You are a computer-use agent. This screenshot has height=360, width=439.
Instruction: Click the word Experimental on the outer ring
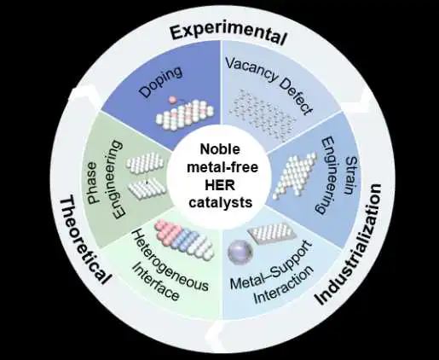[x=228, y=34]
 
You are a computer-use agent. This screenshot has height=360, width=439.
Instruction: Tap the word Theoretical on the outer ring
[x=83, y=240]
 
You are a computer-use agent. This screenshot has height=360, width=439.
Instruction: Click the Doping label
[x=161, y=82]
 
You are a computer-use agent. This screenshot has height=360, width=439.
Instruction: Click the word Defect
[x=296, y=96]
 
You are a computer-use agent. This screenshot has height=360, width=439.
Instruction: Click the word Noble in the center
[x=220, y=149]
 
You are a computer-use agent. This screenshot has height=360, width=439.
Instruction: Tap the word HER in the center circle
[x=220, y=185]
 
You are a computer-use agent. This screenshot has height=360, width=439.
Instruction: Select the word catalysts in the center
[x=221, y=202]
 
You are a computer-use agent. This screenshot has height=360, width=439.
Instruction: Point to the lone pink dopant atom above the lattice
[x=172, y=100]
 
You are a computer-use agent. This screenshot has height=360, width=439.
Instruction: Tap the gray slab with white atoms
[x=273, y=233]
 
